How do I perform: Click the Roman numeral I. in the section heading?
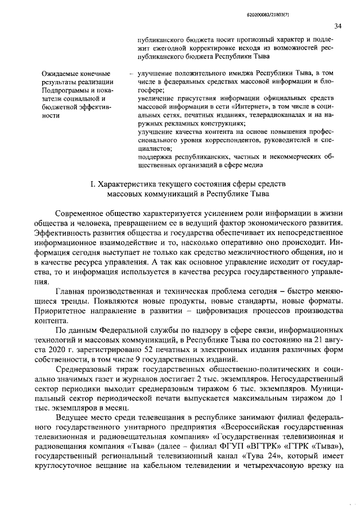pos(93,184)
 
